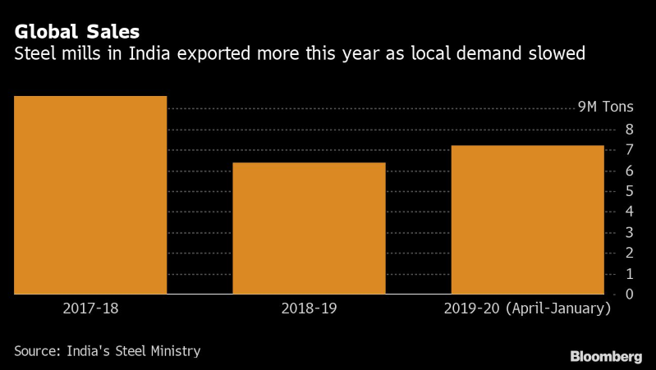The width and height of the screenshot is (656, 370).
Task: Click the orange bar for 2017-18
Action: coord(90,194)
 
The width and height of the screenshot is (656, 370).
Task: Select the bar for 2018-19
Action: coord(309,228)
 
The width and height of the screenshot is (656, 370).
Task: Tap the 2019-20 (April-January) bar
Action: coord(527,219)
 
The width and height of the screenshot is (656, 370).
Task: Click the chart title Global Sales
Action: coord(76,32)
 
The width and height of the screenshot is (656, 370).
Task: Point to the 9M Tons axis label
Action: coord(607,107)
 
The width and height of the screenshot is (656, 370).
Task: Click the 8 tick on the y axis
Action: coord(628,129)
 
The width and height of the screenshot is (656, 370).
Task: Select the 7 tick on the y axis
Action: coord(628,149)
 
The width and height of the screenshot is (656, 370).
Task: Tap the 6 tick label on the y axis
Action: coord(628,171)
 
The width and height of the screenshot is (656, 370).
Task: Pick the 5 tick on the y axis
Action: coord(628,191)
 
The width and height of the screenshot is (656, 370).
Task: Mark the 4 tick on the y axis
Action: coord(628,212)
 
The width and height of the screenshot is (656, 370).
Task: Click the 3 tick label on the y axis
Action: coord(628,232)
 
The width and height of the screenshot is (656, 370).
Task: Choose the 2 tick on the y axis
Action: coord(628,253)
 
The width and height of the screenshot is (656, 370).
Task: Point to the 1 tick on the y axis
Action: coord(628,273)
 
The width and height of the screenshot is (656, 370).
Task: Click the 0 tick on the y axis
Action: coord(628,294)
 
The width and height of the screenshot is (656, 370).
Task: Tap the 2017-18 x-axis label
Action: coord(90,309)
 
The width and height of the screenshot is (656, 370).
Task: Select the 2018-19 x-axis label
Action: coord(309,309)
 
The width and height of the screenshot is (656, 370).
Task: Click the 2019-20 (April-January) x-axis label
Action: coord(527,309)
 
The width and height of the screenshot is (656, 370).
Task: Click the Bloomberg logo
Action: coord(606,356)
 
